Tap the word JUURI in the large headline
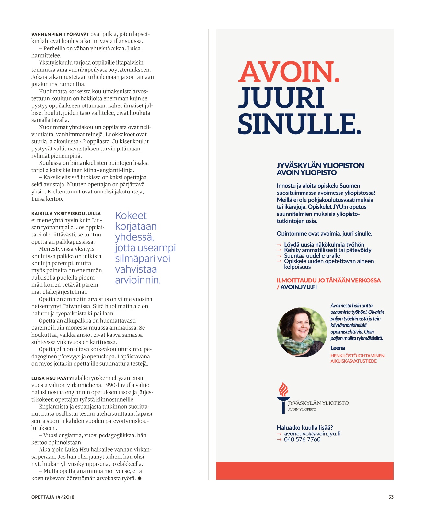pyautogui.click(x=281, y=98)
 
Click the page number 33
pyautogui.click(x=391, y=497)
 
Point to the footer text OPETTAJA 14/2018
pyautogui.click(x=53, y=497)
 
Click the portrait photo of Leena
pyautogui.click(x=302, y=332)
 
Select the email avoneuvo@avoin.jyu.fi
pyautogui.click(x=312, y=434)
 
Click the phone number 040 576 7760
pyautogui.click(x=302, y=439)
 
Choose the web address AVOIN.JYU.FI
pyautogui.click(x=298, y=287)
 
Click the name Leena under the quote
pyautogui.click(x=338, y=348)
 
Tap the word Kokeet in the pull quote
pyautogui.click(x=131, y=216)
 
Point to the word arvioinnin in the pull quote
pyautogui.click(x=138, y=280)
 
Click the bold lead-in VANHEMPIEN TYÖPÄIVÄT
pyautogui.click(x=60, y=34)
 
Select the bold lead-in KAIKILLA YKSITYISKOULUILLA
pyautogui.click(x=66, y=214)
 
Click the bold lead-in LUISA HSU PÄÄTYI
pyautogui.click(x=52, y=378)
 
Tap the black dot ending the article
pyautogui.click(x=139, y=478)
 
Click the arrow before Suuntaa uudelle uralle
pyautogui.click(x=279, y=256)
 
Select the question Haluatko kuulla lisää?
pyautogui.click(x=304, y=427)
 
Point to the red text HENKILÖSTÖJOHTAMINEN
pyautogui.click(x=358, y=356)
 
